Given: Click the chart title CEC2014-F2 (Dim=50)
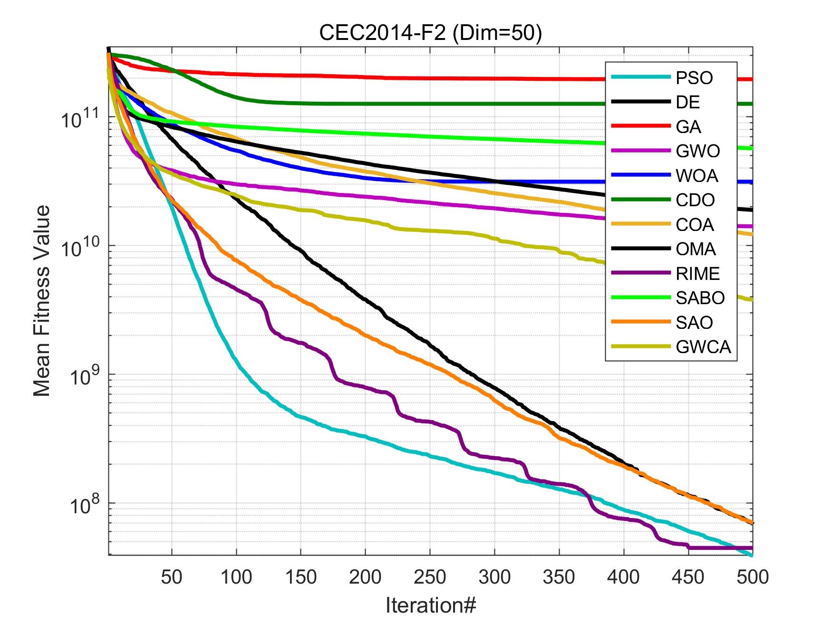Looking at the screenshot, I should (430, 33).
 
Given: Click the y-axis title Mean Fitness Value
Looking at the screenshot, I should (42, 301).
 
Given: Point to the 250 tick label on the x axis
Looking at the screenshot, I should (430, 577).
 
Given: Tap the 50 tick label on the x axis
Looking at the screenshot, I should (172, 577).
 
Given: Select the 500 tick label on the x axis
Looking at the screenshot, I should (752, 577).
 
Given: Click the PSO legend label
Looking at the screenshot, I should (694, 78).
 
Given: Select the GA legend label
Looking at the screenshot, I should (688, 127).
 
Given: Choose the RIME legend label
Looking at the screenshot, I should (697, 274).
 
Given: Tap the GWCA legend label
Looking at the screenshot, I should (703, 347).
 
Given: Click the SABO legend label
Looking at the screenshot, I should (700, 298).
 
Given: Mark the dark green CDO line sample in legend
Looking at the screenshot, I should (640, 200).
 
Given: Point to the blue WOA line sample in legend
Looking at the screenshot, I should (640, 175).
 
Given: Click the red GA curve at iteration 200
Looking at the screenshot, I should (365, 77).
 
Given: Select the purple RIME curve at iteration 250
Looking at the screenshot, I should (430, 422).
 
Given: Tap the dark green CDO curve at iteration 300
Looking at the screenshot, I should (494, 104).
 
